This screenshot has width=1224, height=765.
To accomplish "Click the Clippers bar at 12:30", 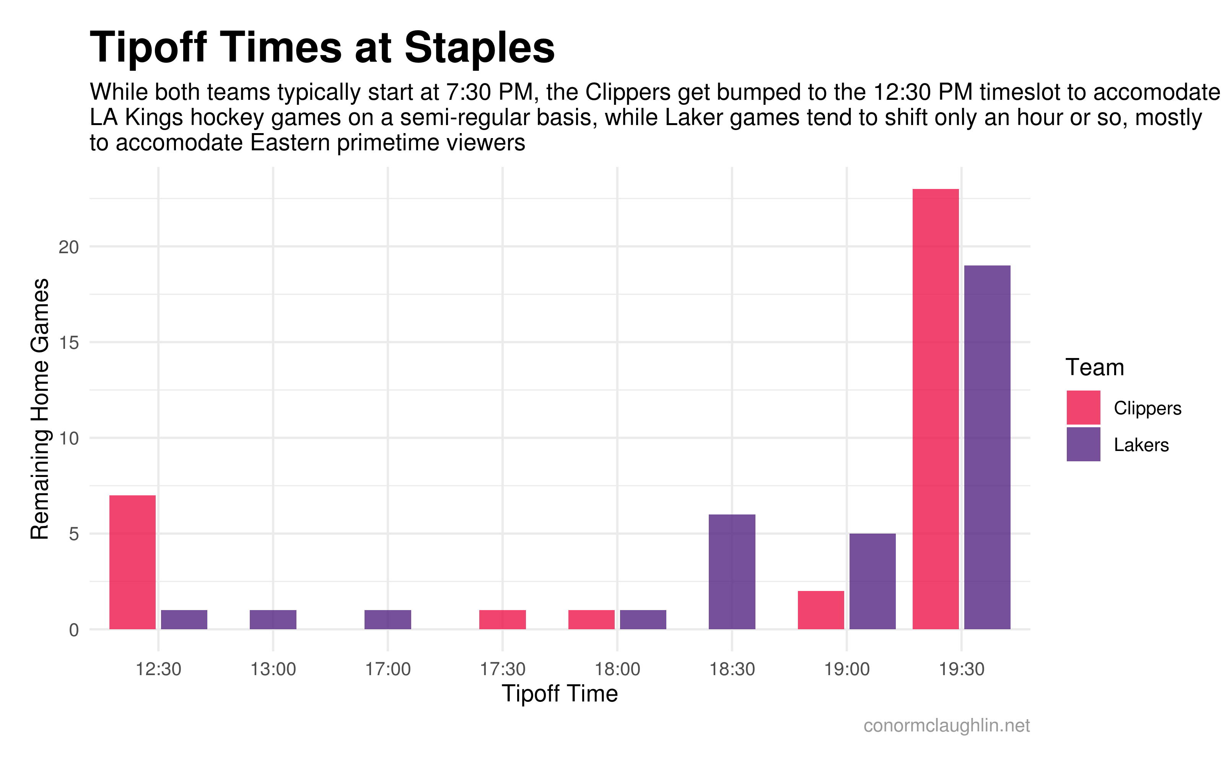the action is coord(132,562).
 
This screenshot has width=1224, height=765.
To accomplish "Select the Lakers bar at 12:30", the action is coord(184,620).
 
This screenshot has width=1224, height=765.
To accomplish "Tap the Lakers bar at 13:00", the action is coord(273,620).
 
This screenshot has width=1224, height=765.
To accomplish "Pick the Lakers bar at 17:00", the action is coord(388,620).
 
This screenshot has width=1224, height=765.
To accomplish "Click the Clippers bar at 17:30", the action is coord(503,620).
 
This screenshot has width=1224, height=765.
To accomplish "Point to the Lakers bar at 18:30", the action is coord(732,572).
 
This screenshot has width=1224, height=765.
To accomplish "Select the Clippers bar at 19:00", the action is coord(821,610).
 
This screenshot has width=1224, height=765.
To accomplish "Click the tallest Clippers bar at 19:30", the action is coord(936,409).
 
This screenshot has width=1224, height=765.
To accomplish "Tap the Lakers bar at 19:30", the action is coord(987,447).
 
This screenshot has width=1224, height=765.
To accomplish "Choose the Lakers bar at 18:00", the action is coord(643,620).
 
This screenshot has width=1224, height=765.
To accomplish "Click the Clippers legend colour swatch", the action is coord(1083,407).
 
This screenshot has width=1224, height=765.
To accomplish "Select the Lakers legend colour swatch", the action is coord(1083,444).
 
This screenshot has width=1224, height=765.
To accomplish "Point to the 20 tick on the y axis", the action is coord(69,247).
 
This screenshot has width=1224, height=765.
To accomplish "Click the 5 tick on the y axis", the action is coord(74,534).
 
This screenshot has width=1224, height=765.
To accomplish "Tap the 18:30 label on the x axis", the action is coord(732,669).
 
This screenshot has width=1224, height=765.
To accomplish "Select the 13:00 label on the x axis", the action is coord(273,669).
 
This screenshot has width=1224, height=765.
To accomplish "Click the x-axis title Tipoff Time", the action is coord(559,693).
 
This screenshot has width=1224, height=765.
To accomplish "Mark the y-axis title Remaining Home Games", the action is coord(40,409).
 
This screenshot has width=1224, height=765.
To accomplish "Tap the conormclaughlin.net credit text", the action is coord(946,726).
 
